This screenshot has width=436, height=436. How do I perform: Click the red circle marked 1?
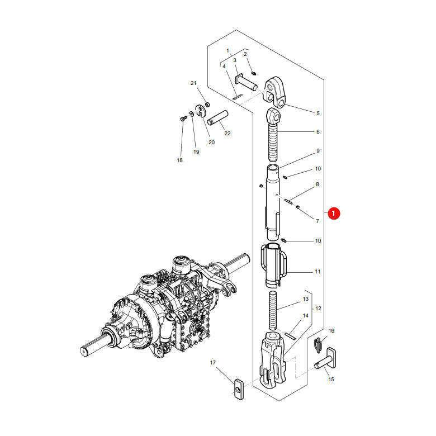coord(334,214)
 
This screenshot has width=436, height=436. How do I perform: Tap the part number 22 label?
coord(228,134)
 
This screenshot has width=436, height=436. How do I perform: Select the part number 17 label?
coord(213,363)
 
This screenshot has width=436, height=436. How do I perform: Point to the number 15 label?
coord(331,380)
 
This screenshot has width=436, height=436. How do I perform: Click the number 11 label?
coord(318,272)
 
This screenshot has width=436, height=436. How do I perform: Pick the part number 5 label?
coord(318,113)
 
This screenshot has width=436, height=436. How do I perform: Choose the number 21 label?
coord(193,83)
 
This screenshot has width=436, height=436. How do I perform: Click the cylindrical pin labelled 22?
coord(218,118)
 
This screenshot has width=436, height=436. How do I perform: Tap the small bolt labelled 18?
coord(183,119)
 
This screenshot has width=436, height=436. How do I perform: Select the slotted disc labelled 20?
coord(200,111)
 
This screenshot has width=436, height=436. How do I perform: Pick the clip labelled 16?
coord(318,344)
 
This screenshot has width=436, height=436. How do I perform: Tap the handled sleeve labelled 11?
coord(274,266)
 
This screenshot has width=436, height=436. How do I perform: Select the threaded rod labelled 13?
coord(273,310)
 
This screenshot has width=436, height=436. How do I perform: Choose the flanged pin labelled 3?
coord(246,82)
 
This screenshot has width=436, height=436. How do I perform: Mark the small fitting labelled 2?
coord(254,73)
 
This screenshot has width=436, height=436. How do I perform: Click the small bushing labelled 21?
coord(207,105)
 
